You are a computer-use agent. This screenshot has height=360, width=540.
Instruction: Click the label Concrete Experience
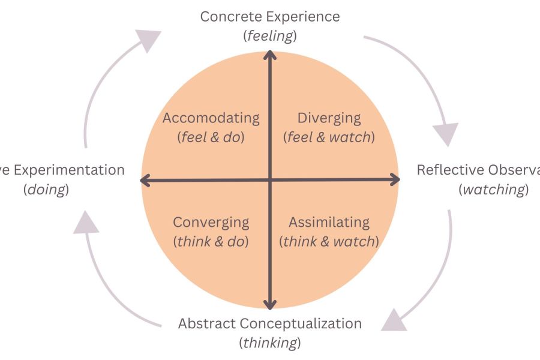[x=270, y=16]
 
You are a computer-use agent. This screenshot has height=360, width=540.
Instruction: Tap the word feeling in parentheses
[x=270, y=36]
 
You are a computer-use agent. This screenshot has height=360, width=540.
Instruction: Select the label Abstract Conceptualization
[x=270, y=324]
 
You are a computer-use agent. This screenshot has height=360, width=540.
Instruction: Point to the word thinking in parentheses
[x=270, y=343]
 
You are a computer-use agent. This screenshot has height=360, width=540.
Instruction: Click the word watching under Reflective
[x=493, y=190]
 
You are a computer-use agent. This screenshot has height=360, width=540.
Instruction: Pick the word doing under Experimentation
[x=46, y=190]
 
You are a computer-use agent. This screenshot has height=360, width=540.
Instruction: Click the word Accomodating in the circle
[x=211, y=118]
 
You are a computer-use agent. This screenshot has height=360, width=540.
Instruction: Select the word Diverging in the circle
[x=329, y=118]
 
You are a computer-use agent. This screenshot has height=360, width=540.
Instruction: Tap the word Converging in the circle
[x=211, y=222]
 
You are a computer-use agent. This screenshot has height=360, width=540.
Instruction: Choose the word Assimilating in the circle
[x=329, y=222]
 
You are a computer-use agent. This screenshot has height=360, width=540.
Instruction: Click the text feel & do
[x=211, y=137]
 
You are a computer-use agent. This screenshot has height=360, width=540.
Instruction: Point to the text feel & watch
[x=329, y=137]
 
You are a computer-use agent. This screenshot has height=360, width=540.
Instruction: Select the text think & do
[x=211, y=242]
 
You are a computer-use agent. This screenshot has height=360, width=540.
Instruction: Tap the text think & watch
[x=329, y=242]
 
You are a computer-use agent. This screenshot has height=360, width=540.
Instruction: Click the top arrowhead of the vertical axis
[x=270, y=55]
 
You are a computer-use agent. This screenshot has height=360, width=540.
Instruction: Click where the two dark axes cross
[x=270, y=179]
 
